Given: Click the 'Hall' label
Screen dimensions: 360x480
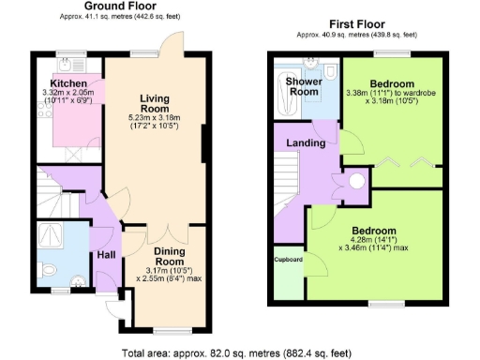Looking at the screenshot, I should [106, 255].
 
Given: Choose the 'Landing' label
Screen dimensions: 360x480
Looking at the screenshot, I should [307, 143].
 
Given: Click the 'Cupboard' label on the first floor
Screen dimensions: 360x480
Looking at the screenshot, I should [288, 260].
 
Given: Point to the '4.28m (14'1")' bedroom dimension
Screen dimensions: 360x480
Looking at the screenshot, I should [373, 241].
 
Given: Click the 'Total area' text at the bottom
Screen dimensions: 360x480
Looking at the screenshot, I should [240, 352].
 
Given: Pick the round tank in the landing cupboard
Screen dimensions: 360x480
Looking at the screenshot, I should [356, 183].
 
